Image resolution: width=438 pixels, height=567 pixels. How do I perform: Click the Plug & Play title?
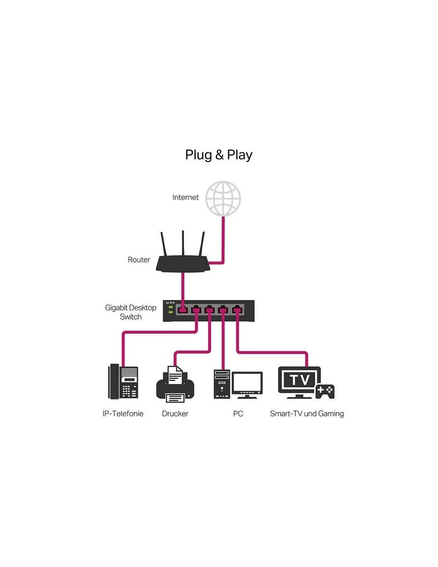[x=219, y=155]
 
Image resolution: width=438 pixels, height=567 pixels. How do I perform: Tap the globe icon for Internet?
[x=223, y=199]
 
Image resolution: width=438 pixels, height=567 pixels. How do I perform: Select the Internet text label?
[x=185, y=197]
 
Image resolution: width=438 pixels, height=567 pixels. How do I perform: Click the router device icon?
[x=183, y=264]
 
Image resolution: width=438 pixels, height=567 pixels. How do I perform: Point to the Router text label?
[x=139, y=260]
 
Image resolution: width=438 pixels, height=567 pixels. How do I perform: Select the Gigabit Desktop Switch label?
[x=131, y=312]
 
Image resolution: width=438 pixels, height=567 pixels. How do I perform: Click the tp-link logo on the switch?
[x=170, y=303]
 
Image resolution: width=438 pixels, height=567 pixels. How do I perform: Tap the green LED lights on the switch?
[x=170, y=309]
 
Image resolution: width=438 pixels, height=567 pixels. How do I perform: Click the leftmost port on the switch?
[x=182, y=309]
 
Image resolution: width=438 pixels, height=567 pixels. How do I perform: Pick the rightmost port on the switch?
[x=237, y=309]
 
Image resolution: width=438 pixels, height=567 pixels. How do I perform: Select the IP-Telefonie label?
[x=123, y=413]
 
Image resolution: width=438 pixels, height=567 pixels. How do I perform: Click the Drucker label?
[x=175, y=413]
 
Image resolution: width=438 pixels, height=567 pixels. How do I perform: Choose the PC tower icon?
[x=222, y=384]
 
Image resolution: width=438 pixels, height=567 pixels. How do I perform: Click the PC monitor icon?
[x=247, y=384]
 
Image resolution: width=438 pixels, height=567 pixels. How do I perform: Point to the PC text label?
[x=238, y=413]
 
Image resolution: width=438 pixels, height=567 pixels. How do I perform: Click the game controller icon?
[x=325, y=391]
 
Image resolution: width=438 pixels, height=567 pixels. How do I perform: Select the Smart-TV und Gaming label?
[x=307, y=413]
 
